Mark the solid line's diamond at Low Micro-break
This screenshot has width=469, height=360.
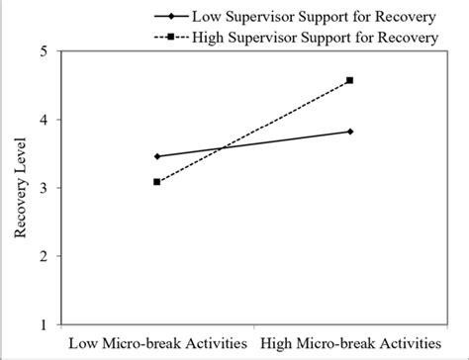coord(157,156)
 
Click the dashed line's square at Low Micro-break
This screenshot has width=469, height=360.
coord(157,182)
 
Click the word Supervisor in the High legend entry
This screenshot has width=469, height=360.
coord(266,37)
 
